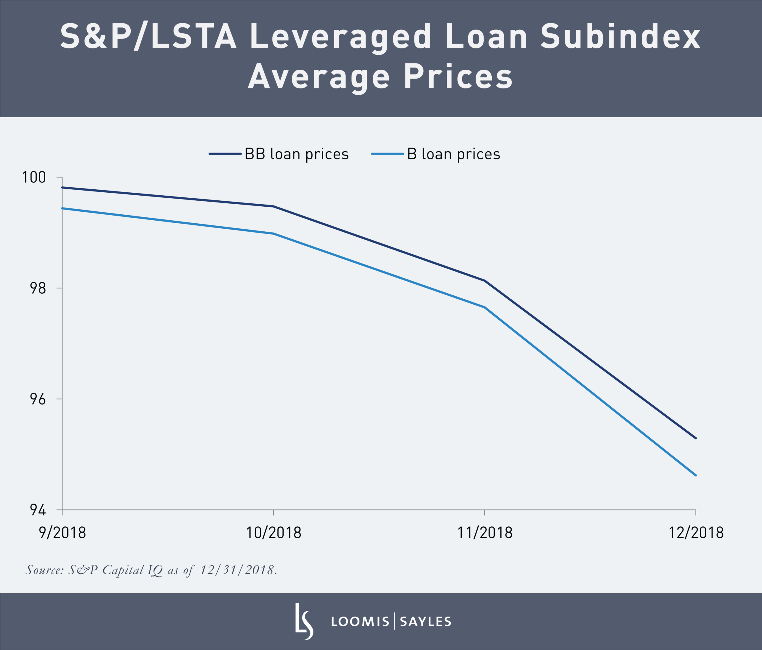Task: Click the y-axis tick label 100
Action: click(34, 177)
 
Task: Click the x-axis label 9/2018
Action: click(62, 533)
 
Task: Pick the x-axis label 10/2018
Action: click(273, 533)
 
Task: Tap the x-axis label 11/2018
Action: click(484, 533)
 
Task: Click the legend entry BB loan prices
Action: click(296, 154)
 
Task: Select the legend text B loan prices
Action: click(453, 154)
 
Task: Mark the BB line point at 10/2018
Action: click(273, 206)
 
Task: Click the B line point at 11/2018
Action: click(484, 307)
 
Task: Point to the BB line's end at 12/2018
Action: click(695, 438)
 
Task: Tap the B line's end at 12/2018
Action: click(695, 475)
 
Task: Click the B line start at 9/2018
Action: click(63, 208)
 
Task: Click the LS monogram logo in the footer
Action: click(304, 621)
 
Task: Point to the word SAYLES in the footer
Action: click(425, 622)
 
